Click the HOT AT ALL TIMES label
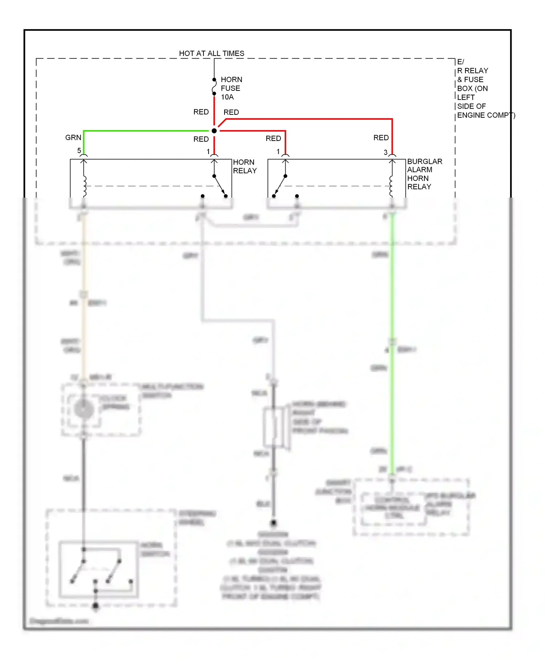click(211, 53)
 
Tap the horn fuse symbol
click(214, 86)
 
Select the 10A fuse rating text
click(227, 97)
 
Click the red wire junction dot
click(214, 131)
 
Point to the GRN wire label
click(73, 138)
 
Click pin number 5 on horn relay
click(79, 150)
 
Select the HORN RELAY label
click(245, 166)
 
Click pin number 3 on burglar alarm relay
click(385, 153)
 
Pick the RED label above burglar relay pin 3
click(381, 138)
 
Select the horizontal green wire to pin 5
click(145, 131)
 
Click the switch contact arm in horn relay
click(219, 185)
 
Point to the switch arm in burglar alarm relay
click(280, 185)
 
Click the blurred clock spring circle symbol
click(84, 409)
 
